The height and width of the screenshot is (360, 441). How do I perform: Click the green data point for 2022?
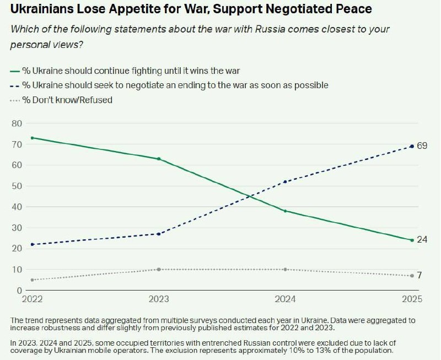tap(33, 138)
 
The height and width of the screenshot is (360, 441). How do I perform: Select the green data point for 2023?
tap(159, 159)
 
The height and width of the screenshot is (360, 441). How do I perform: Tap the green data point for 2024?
tap(285, 211)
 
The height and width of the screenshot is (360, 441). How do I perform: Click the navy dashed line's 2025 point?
tap(412, 146)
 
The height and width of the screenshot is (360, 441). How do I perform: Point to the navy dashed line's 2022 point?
tap(33, 244)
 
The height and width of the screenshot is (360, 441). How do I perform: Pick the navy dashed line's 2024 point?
tap(285, 181)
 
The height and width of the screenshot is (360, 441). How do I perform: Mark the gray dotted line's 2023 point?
tap(159, 269)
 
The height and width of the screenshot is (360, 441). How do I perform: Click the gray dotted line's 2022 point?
tap(33, 280)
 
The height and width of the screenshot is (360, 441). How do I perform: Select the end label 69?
tap(422, 146)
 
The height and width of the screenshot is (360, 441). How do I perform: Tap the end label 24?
tap(422, 240)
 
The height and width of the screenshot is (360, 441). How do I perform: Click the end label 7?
tap(420, 275)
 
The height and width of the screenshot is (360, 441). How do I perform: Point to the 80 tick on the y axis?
tap(17, 123)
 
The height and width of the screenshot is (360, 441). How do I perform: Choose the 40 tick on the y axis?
tap(17, 207)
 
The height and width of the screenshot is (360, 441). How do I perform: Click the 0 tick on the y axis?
tap(19, 291)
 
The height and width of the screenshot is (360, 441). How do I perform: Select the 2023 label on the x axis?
tap(159, 300)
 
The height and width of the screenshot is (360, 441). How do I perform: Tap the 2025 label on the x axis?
tap(411, 300)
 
